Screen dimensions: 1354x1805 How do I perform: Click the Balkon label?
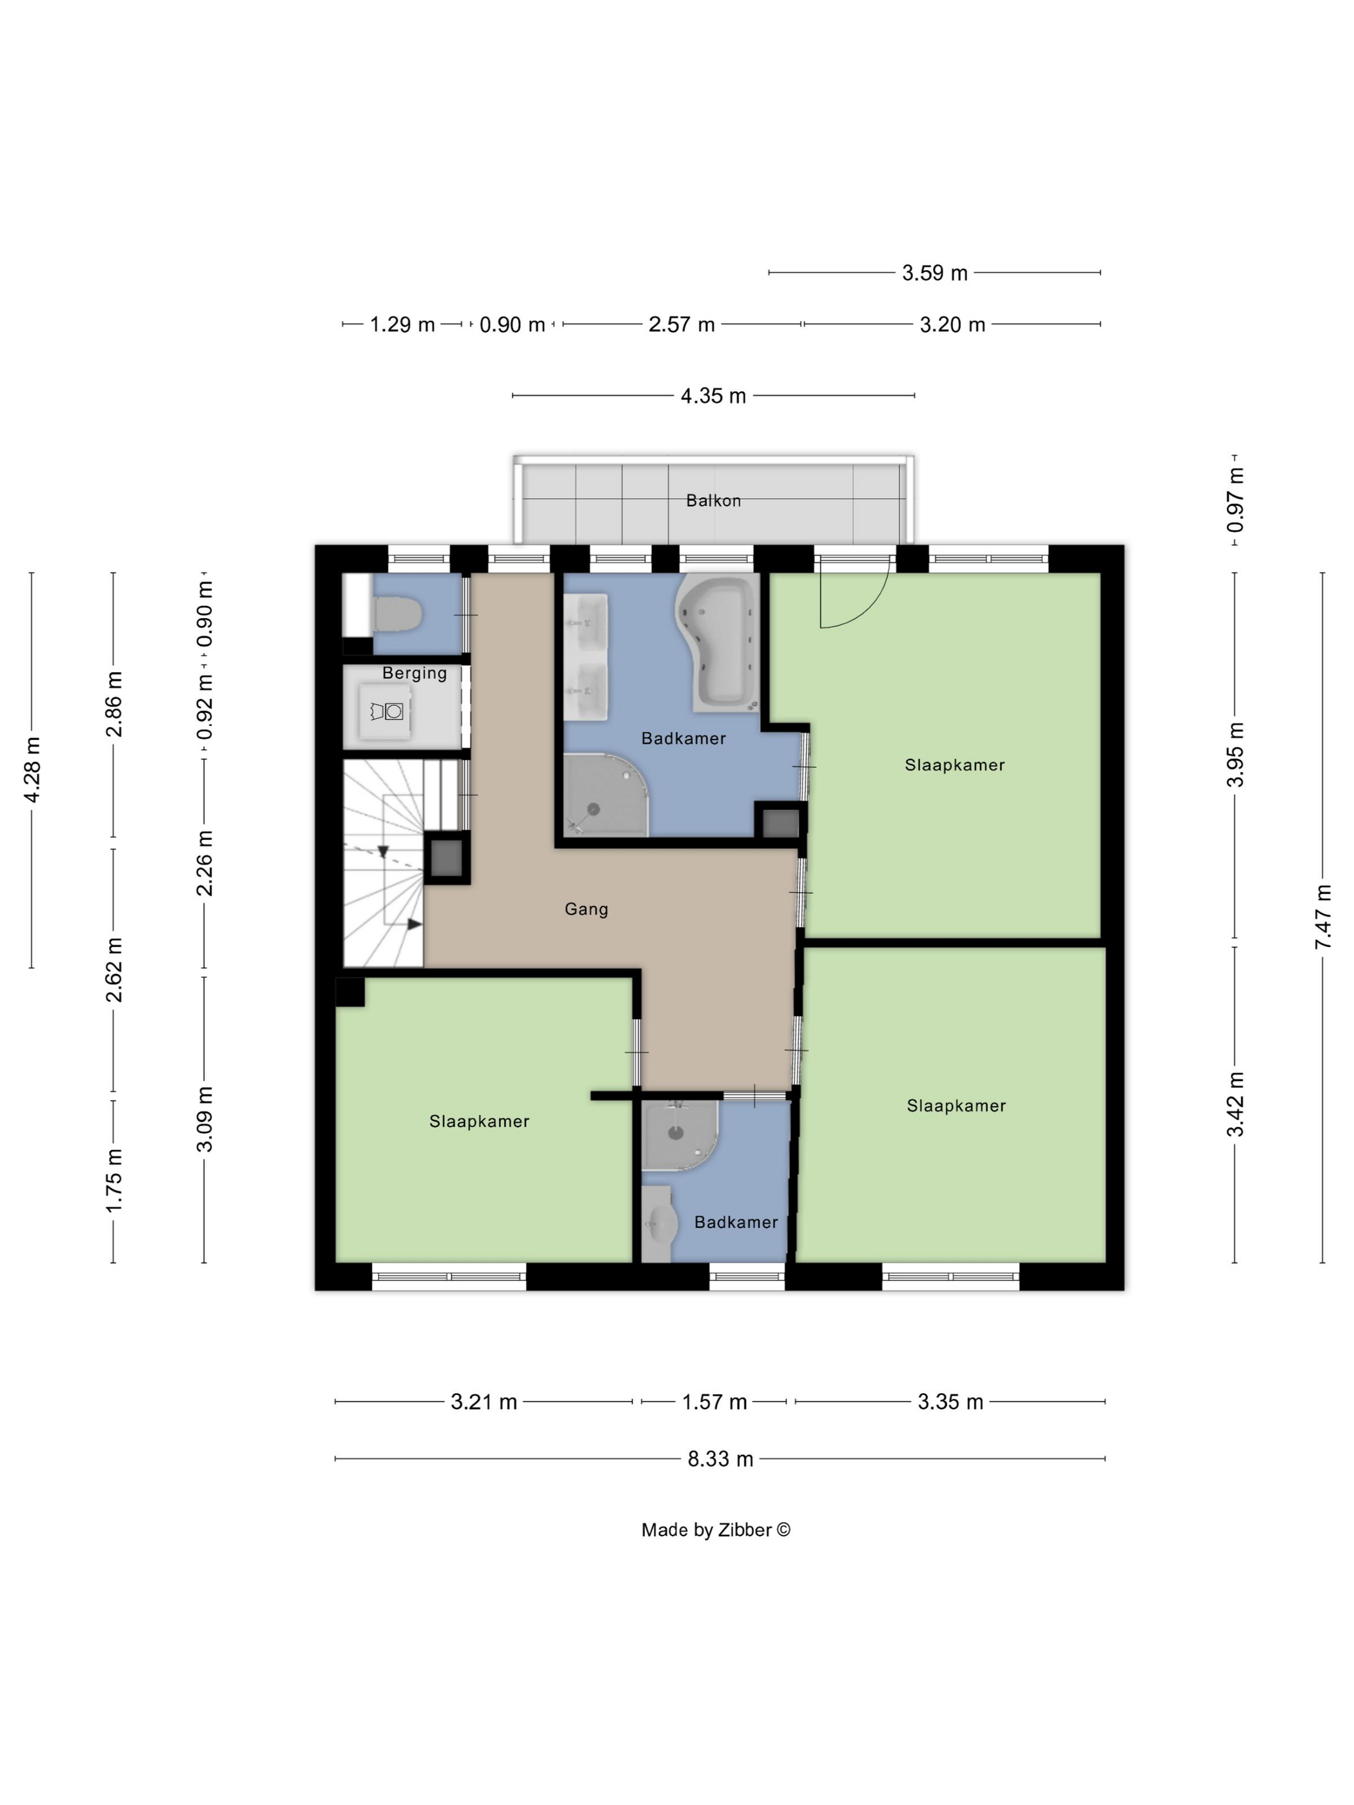[x=712, y=500]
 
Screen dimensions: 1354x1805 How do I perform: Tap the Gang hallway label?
[x=586, y=908]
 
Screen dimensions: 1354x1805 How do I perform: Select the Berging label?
[x=415, y=673]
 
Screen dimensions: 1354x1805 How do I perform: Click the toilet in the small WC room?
[x=397, y=613]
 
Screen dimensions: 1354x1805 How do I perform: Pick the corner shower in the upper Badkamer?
[x=604, y=795]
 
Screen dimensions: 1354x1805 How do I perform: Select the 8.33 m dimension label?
[x=720, y=1458]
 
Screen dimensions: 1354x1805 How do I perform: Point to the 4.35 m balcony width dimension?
[x=713, y=396]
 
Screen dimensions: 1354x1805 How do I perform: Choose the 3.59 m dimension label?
[x=934, y=273]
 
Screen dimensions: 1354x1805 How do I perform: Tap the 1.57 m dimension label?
[x=715, y=1402]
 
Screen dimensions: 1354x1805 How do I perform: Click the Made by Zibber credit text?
[x=716, y=1530]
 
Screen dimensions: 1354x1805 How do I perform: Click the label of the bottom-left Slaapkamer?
[x=479, y=1121]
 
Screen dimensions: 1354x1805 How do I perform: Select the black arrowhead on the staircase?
[x=415, y=924]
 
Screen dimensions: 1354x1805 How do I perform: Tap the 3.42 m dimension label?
[x=1235, y=1104]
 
